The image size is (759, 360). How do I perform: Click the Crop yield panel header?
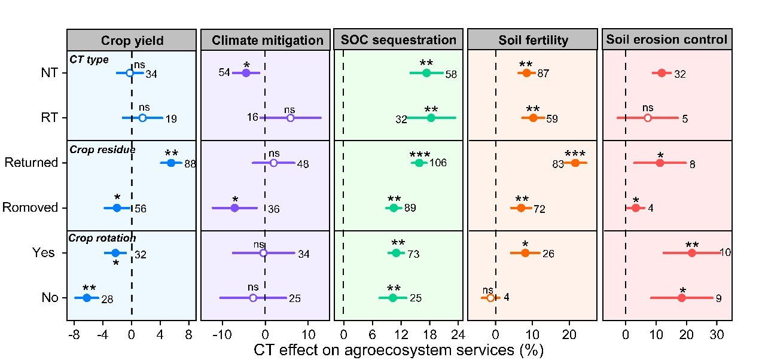click(132, 40)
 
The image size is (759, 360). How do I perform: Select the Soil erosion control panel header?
click(667, 40)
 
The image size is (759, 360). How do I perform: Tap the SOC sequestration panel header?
click(398, 40)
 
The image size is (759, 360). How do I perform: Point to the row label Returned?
click(31, 163)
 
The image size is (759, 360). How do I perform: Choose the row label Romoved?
click(30, 208)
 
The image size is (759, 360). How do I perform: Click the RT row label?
click(50, 118)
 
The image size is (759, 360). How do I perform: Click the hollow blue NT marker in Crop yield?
click(130, 73)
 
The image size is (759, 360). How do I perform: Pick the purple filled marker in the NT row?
click(245, 73)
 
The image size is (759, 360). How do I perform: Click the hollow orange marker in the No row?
click(490, 298)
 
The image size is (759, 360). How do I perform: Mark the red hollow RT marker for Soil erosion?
click(648, 118)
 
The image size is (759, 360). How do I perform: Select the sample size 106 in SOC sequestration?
click(438, 163)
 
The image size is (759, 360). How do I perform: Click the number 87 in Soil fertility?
click(543, 74)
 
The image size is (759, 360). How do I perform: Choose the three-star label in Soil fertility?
click(575, 153)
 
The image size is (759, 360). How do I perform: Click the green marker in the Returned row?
click(419, 163)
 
